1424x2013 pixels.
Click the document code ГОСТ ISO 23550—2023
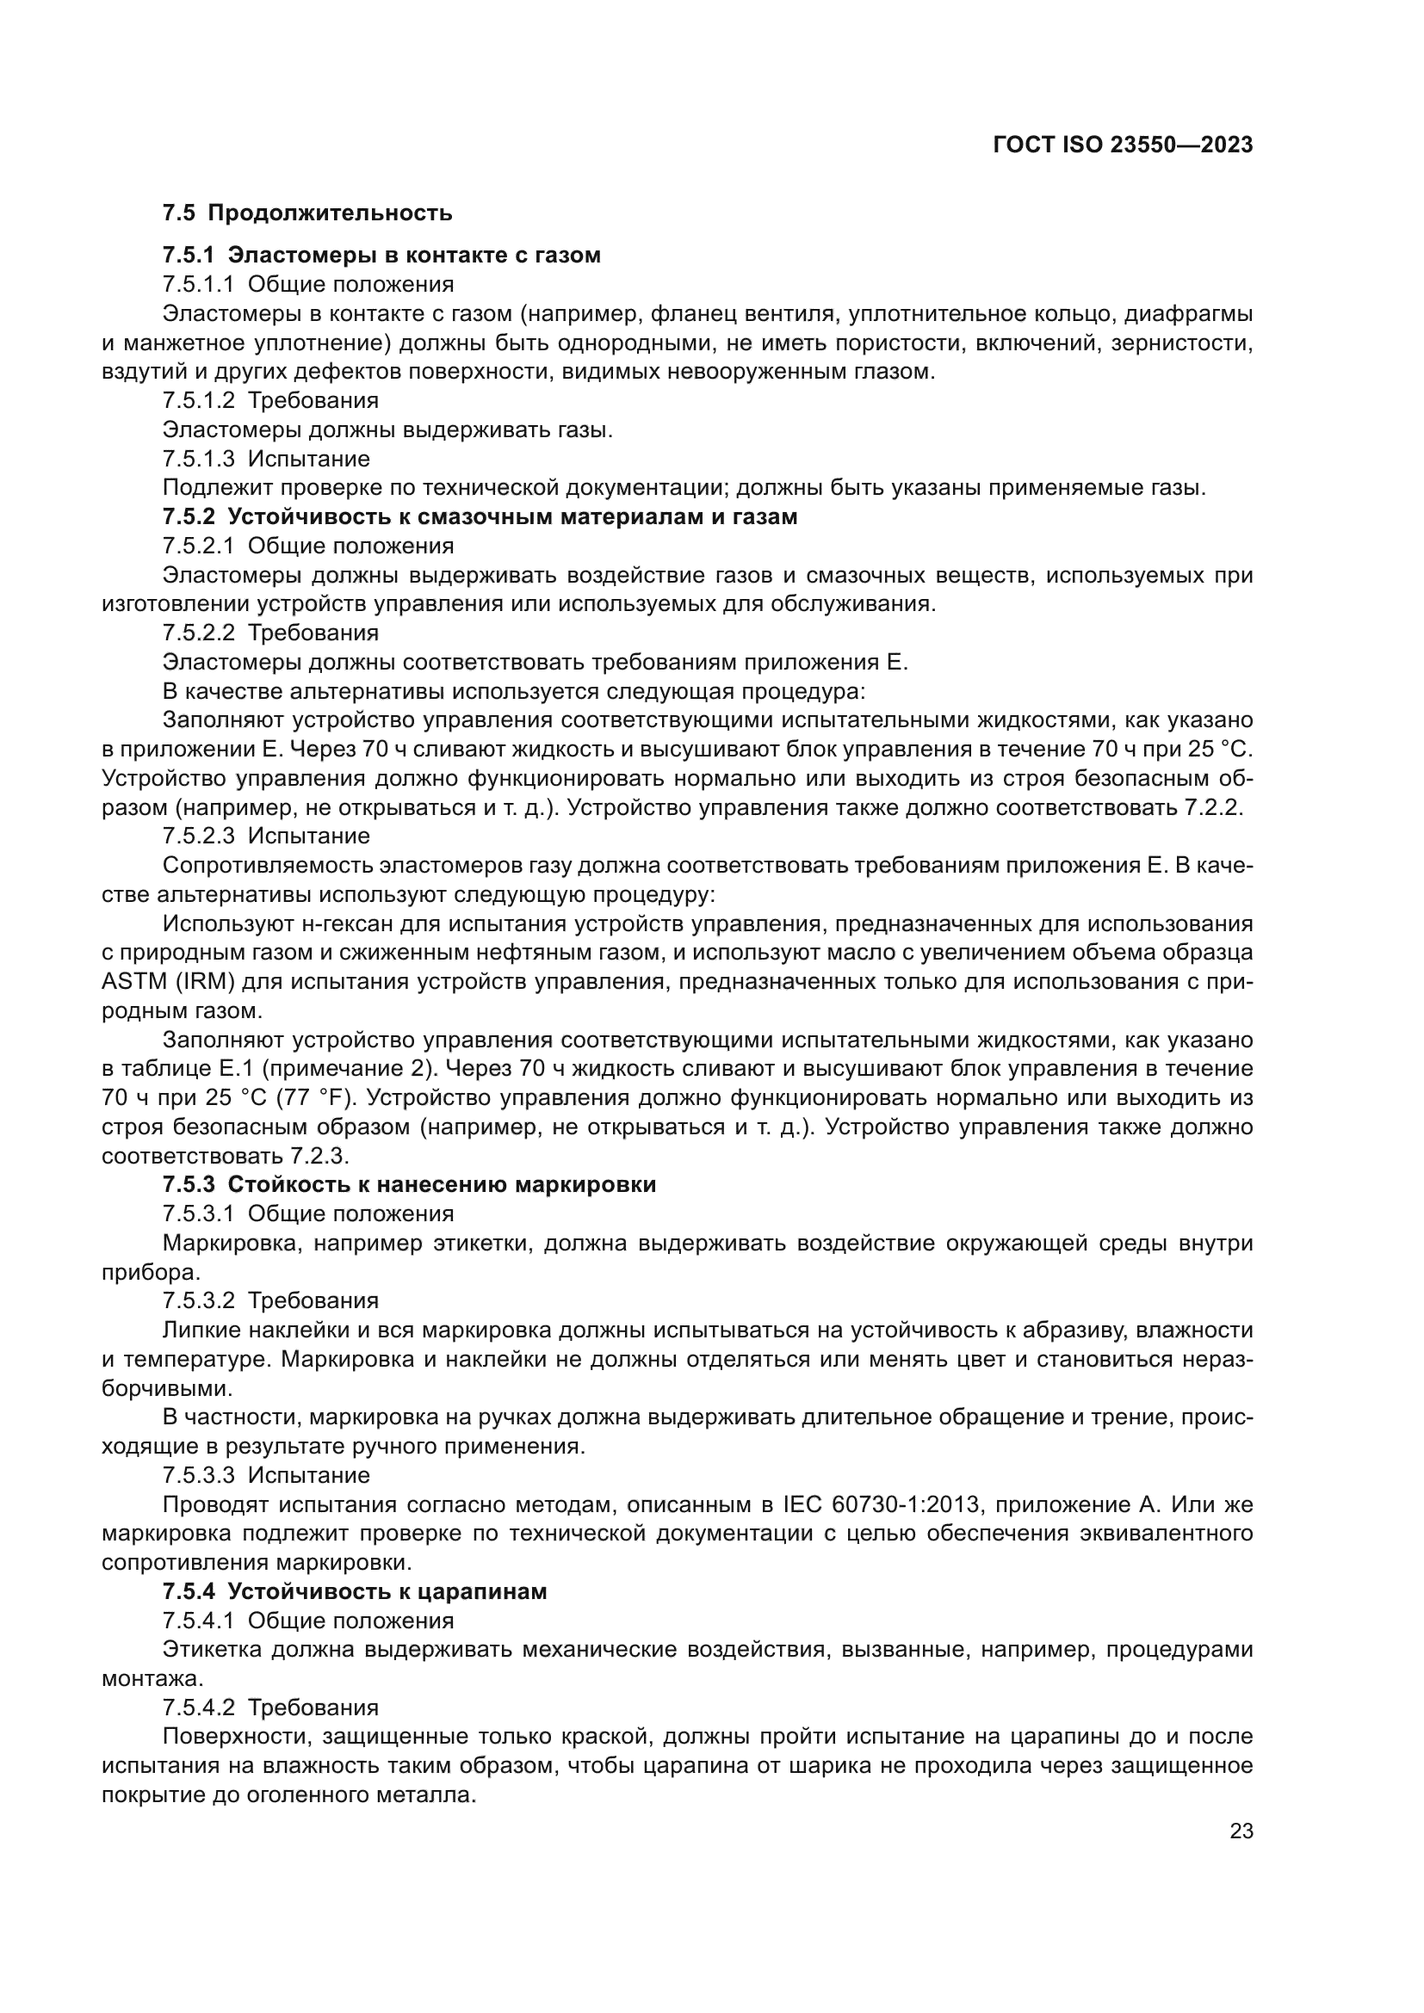(1123, 145)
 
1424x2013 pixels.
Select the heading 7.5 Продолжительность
(306, 213)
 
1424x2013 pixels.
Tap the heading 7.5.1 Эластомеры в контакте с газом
(381, 255)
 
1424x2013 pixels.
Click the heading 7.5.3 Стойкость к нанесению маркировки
(409, 1184)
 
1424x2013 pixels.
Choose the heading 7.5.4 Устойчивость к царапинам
(354, 1591)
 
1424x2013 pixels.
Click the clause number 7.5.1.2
(198, 401)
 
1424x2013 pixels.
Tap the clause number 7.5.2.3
(198, 836)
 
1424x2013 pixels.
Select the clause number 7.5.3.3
(198, 1476)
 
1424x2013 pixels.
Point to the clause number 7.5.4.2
(198, 1707)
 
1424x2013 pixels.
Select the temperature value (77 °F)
(314, 1097)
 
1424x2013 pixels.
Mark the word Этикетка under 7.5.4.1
(211, 1649)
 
